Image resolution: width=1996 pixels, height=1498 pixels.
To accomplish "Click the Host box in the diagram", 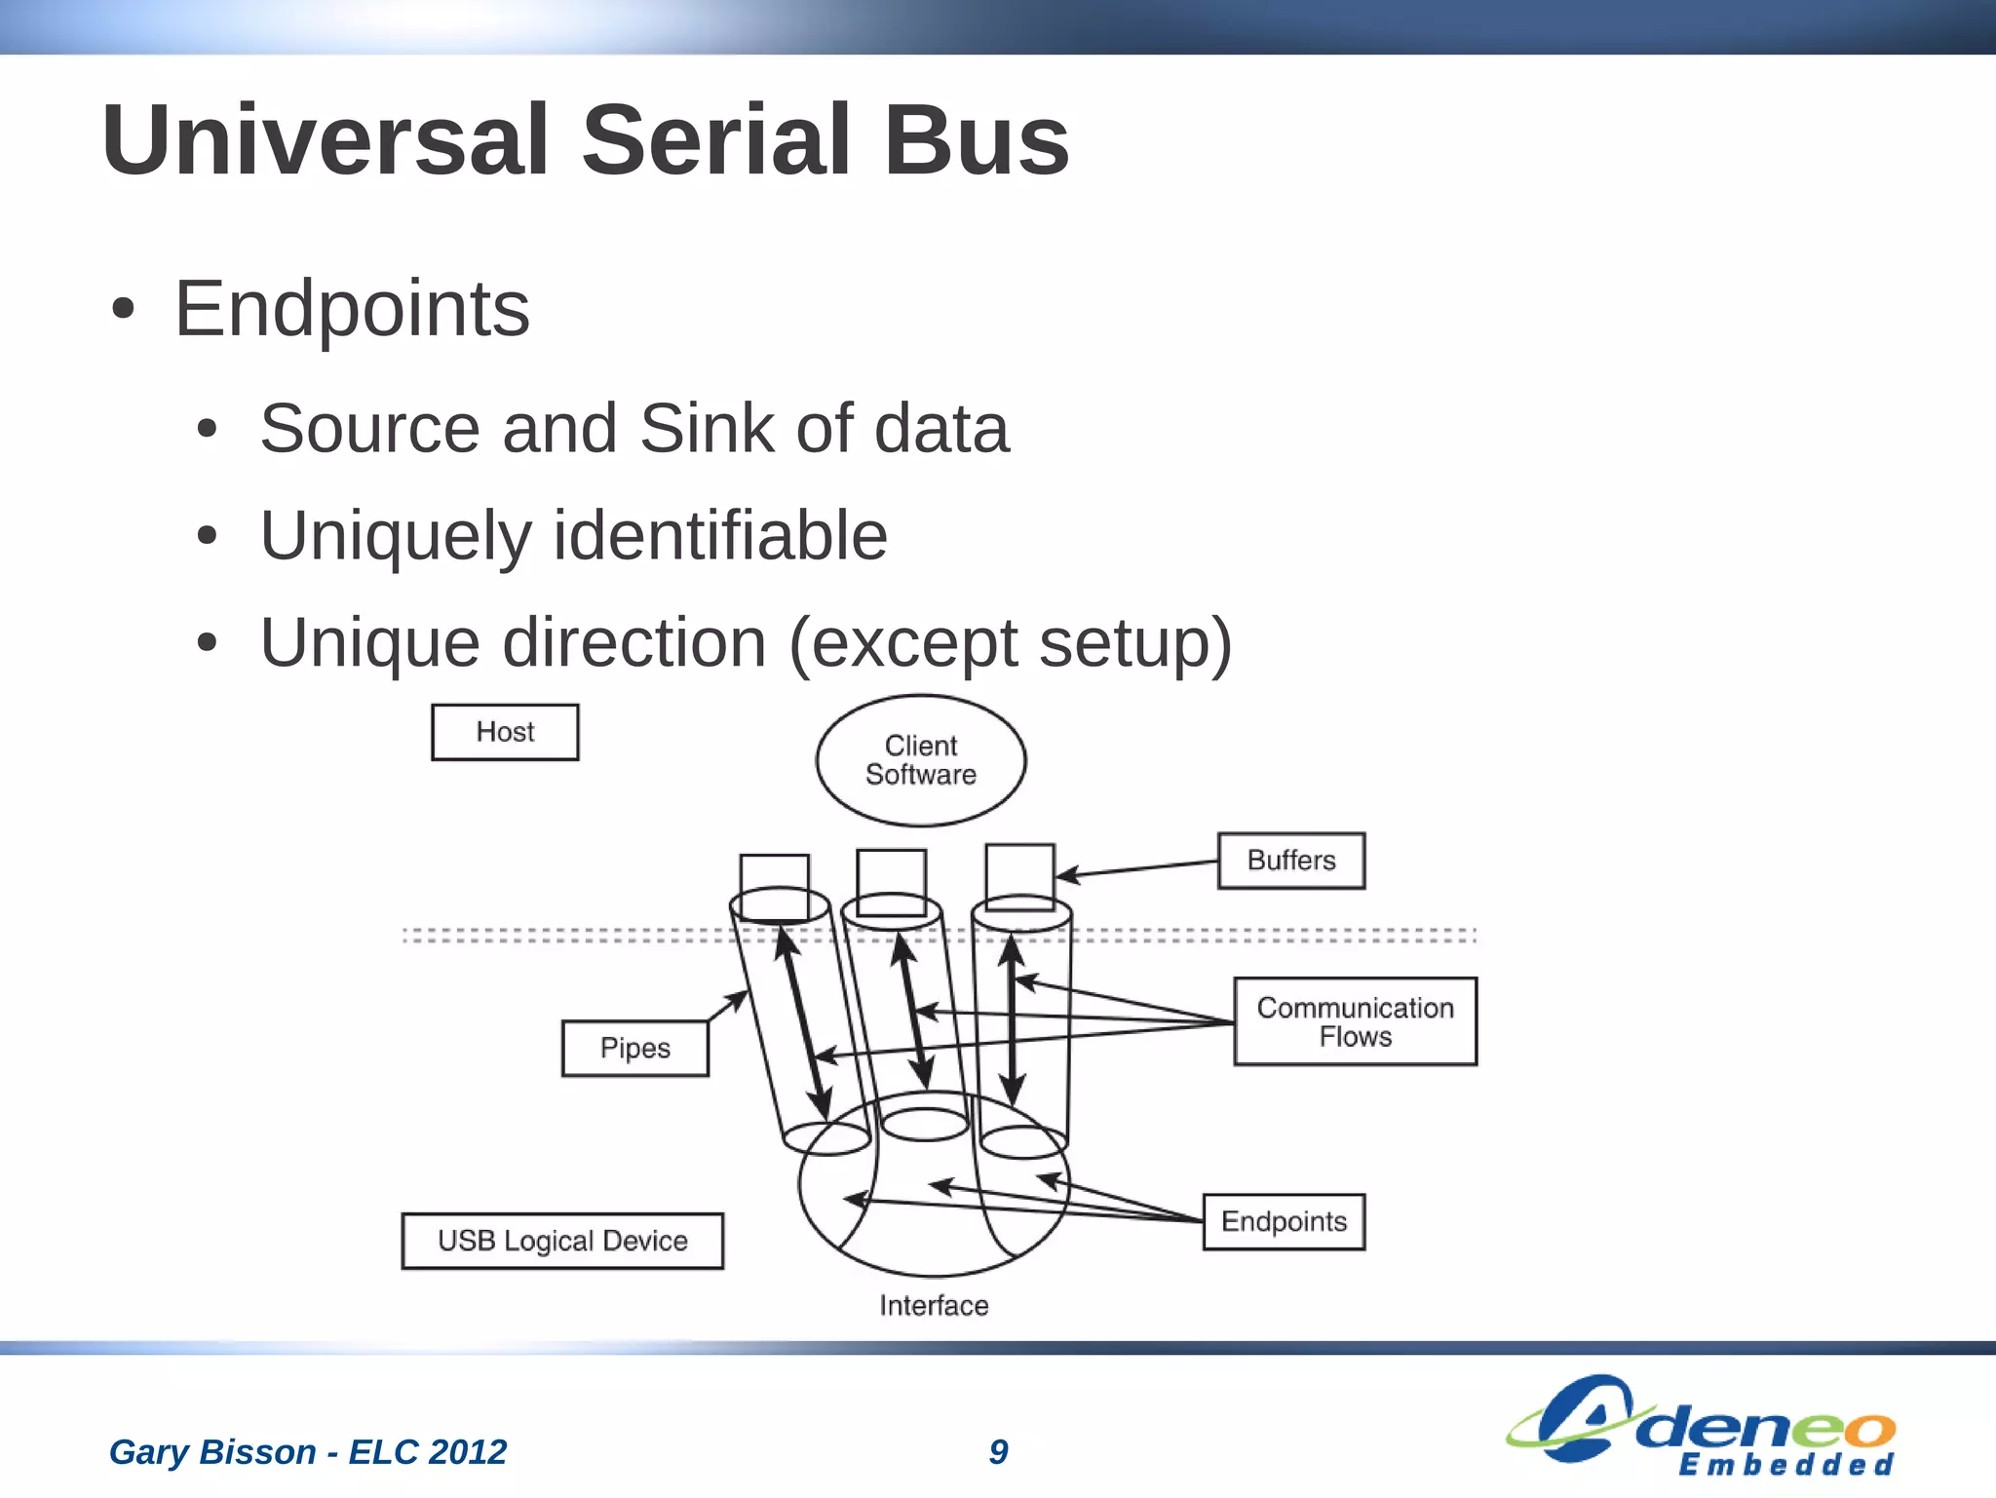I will coord(505,732).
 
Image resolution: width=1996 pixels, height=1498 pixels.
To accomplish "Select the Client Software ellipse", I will coord(920,760).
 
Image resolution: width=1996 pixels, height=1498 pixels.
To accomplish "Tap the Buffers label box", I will coord(1290,861).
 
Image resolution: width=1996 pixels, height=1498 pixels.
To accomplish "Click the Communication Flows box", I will coord(1355,1021).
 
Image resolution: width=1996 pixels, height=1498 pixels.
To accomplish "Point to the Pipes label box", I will coord(634,1049).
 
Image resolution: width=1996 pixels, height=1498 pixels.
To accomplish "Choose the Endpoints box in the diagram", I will coord(1284,1221).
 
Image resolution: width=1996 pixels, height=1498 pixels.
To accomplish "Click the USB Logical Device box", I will coord(562,1241).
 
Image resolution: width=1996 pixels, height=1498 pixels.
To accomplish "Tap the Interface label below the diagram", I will coord(934,1305).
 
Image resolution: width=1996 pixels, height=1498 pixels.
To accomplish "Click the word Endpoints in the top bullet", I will coord(352,309).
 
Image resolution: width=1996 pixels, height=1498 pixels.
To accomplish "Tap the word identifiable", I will coord(720,536).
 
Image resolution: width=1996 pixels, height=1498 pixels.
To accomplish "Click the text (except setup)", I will coord(1010,643).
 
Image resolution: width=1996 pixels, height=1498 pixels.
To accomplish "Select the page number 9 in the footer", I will coord(998,1451).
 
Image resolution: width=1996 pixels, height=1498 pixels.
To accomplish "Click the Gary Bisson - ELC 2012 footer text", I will coord(308,1451).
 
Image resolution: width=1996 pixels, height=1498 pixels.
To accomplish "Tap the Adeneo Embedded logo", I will coord(1701,1425).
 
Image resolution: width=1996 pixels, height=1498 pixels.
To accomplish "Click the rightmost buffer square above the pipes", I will coord(1019,876).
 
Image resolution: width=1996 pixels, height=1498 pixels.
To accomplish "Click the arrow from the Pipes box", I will coord(728,1006).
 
